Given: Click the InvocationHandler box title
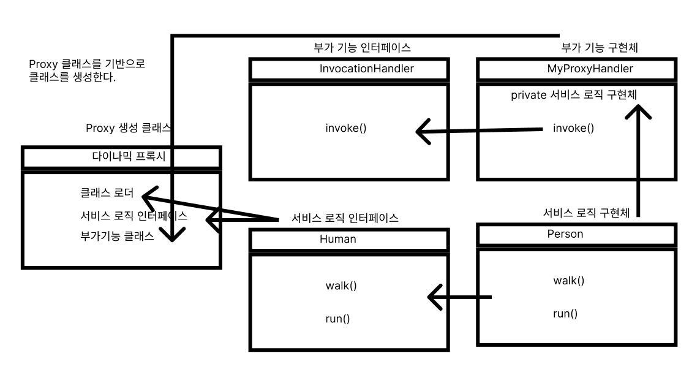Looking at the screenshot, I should tap(366, 69).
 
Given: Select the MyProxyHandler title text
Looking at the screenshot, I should tap(590, 69).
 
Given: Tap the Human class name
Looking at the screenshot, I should tap(337, 239).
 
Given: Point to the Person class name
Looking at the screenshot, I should tap(565, 233).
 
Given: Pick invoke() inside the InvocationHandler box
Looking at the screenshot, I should tap(345, 128).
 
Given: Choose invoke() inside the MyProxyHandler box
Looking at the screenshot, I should tap(573, 128).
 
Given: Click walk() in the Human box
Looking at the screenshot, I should tap(341, 286).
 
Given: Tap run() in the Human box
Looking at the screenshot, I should tap(337, 319).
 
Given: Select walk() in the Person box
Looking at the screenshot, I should tap(568, 281).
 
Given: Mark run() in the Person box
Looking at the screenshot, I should tap(565, 314).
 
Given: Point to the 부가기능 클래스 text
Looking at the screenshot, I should tap(117, 235).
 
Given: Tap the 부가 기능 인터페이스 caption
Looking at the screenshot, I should tap(361, 47).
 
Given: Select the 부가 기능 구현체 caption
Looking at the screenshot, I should tap(600, 47).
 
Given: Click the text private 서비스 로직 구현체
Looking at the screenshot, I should tap(576, 96).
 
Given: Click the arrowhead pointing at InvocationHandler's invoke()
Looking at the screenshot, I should tap(421, 131).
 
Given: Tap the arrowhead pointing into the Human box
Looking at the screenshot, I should tap(434, 297).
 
